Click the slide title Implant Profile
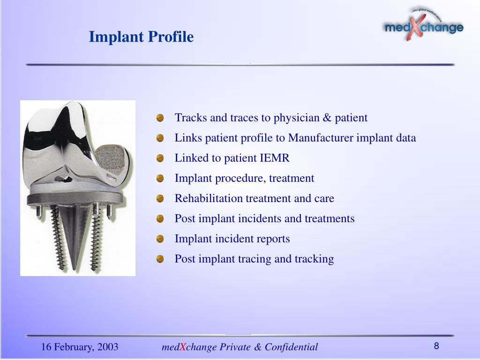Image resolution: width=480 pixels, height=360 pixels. pyautogui.click(x=141, y=37)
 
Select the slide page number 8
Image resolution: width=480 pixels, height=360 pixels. pyautogui.click(x=436, y=346)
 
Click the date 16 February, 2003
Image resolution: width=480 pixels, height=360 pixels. pyautogui.click(x=80, y=347)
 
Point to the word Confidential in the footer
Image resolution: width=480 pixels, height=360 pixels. pyautogui.click(x=291, y=347)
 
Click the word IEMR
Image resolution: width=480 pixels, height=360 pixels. pyautogui.click(x=274, y=158)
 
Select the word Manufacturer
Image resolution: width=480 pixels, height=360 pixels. pyautogui.click(x=321, y=138)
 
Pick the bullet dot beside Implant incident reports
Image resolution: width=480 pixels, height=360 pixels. pyautogui.click(x=160, y=239)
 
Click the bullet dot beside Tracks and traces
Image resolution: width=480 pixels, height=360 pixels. pyautogui.click(x=160, y=118)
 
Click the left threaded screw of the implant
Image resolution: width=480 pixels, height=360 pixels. pyautogui.click(x=58, y=237)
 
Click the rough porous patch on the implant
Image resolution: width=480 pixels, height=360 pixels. pyautogui.click(x=111, y=160)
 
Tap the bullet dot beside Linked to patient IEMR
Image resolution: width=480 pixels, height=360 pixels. pyautogui.click(x=160, y=158)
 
